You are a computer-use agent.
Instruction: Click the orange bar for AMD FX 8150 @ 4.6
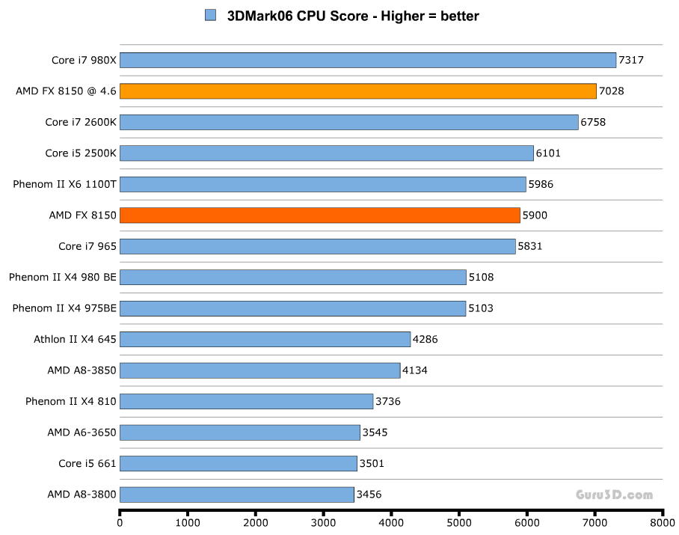pyautogui.click(x=357, y=91)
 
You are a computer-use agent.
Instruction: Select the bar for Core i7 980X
pyautogui.click(x=367, y=61)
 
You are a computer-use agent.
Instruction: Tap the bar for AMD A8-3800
pyautogui.click(x=236, y=495)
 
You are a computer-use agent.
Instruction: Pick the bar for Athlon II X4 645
pyautogui.click(x=265, y=340)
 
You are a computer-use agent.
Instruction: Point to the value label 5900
pyautogui.click(x=535, y=215)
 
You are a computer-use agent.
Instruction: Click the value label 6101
pyautogui.click(x=548, y=153)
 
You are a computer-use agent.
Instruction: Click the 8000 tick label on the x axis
pyautogui.click(x=663, y=523)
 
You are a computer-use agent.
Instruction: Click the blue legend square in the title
pyautogui.click(x=210, y=16)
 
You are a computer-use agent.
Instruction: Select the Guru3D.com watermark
pyautogui.click(x=614, y=495)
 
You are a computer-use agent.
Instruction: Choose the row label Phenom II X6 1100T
pyautogui.click(x=64, y=184)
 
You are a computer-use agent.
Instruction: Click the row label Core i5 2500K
pyautogui.click(x=80, y=153)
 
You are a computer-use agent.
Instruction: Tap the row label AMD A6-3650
pyautogui.click(x=82, y=432)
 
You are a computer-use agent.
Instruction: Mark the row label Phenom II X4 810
pyautogui.click(x=70, y=402)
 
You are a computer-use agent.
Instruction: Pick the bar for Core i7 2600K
pyautogui.click(x=348, y=122)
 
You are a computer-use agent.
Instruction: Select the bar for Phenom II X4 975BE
pyautogui.click(x=292, y=308)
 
